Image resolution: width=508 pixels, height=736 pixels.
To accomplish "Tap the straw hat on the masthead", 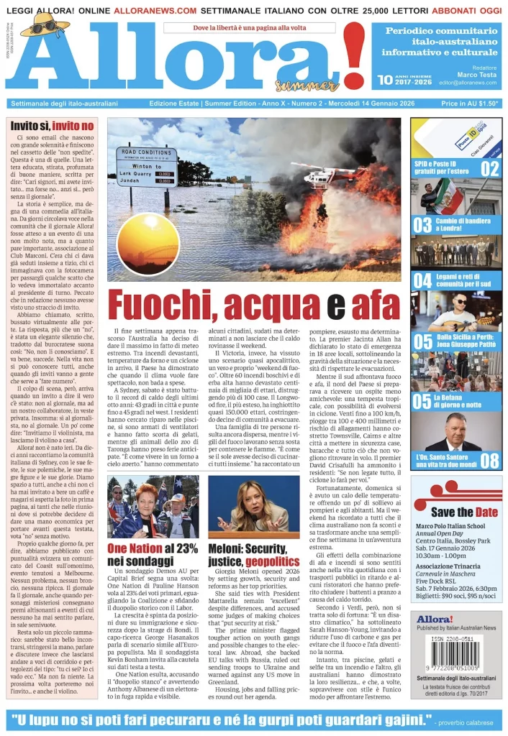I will pyautogui.click(x=44, y=24).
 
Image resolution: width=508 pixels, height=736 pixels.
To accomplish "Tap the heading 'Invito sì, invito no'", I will pyautogui.click(x=52, y=125).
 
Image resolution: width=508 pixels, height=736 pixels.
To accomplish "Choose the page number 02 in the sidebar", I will pyautogui.click(x=489, y=168).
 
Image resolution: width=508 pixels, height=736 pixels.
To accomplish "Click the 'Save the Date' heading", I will pyautogui.click(x=462, y=512).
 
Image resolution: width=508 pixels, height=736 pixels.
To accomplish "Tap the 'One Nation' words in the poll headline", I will pyautogui.click(x=133, y=548).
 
